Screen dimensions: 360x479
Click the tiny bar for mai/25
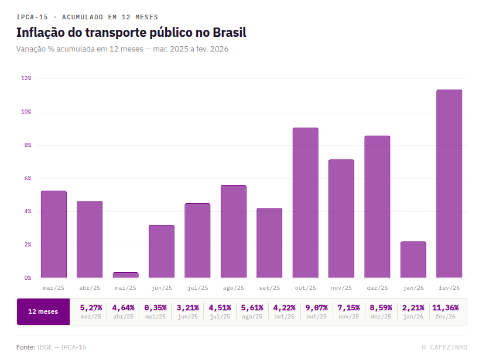tap(125, 275)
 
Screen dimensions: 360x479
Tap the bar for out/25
tap(305, 203)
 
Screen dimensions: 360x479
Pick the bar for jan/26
tap(413, 259)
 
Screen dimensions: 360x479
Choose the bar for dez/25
tap(377, 207)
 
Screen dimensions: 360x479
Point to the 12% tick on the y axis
tap(26, 78)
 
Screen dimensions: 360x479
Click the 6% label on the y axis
tap(27, 178)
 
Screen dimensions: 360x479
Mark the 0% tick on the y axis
tap(27, 277)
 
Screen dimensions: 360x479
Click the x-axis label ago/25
tap(233, 288)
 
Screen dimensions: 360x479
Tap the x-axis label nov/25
tap(341, 288)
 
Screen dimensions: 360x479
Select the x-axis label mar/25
tap(53, 288)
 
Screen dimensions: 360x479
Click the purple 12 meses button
tap(43, 311)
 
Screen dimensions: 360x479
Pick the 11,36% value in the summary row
tap(445, 307)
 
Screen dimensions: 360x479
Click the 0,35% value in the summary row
tap(155, 307)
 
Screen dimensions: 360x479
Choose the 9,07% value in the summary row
tap(317, 307)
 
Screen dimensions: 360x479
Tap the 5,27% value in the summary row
tap(91, 307)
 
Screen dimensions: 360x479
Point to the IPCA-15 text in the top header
tap(32, 17)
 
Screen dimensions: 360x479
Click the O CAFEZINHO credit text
tap(444, 347)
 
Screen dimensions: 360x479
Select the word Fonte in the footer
tap(25, 347)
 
